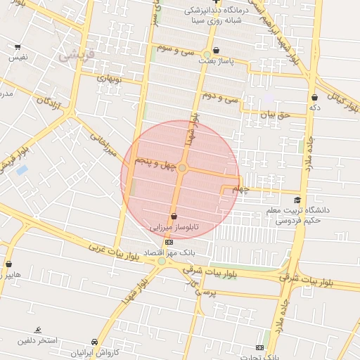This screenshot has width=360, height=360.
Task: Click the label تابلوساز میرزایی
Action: pyautogui.click(x=174, y=229)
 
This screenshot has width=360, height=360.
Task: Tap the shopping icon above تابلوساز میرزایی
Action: pyautogui.click(x=174, y=217)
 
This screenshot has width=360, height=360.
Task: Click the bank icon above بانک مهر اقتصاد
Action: pyautogui.click(x=168, y=242)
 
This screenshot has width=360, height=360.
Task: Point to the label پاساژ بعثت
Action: pyautogui.click(x=215, y=62)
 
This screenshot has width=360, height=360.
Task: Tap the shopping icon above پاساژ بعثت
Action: pyautogui.click(x=215, y=51)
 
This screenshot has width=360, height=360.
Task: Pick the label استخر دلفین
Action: pyautogui.click(x=37, y=341)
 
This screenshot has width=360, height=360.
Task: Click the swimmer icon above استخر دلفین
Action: pyautogui.click(x=37, y=330)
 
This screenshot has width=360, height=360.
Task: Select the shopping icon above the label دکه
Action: pyautogui.click(x=314, y=97)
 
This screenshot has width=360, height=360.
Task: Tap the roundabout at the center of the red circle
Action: pyautogui.click(x=182, y=168)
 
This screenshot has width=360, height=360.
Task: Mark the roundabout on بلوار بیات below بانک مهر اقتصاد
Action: pyautogui.click(x=162, y=262)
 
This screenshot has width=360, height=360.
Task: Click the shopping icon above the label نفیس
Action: pyautogui.click(x=18, y=46)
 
